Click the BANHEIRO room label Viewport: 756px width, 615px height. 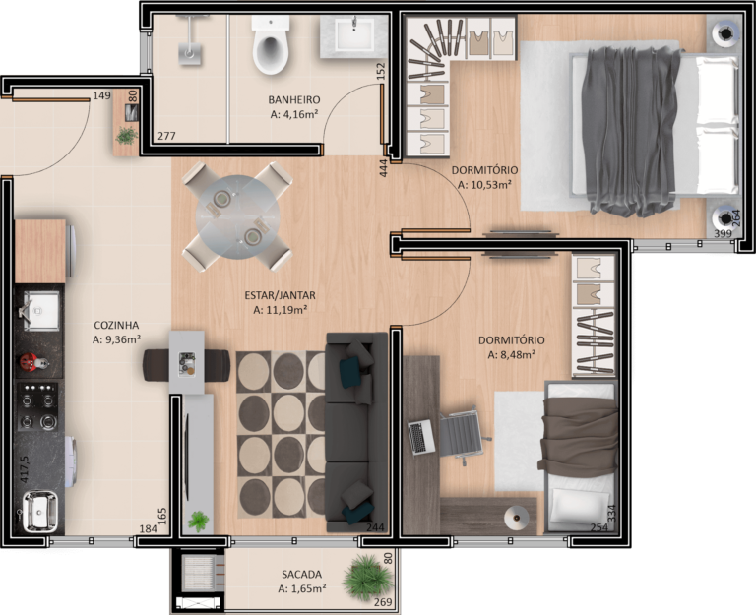[294, 99]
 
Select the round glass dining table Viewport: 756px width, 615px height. [237, 216]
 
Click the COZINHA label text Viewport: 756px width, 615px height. [116, 325]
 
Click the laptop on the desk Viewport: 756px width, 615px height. [421, 437]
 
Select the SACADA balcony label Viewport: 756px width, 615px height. [301, 574]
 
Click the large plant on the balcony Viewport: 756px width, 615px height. [367, 578]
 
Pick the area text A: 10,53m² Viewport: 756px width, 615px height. [484, 185]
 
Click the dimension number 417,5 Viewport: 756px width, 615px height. [24, 469]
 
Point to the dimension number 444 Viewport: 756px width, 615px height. [384, 168]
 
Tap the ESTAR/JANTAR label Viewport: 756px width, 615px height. [281, 295]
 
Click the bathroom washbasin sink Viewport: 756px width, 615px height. [354, 34]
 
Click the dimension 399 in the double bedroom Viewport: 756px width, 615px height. [723, 234]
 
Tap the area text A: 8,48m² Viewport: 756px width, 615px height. [512, 355]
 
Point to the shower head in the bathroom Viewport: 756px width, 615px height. [189, 52]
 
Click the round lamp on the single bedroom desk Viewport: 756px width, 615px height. [517, 519]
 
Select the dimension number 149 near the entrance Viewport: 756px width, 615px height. [101, 95]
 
